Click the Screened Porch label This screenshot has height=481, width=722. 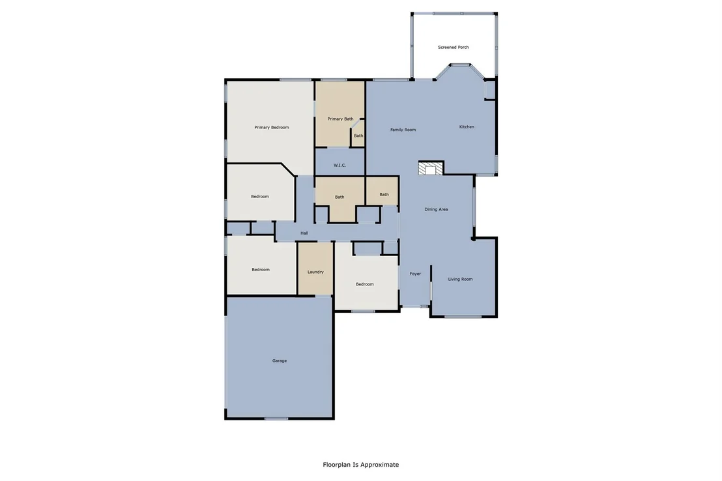point(453,47)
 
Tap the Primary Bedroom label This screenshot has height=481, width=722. point(272,127)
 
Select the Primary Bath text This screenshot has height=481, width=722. point(340,119)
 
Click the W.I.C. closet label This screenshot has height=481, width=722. point(339,165)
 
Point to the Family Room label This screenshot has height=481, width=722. point(403,130)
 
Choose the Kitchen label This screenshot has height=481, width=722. point(467,126)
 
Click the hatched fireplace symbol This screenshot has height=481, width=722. point(431,168)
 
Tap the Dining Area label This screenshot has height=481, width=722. point(436,209)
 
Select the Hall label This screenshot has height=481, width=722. point(304,233)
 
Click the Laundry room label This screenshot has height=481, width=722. point(315,272)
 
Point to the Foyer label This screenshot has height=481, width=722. point(415,274)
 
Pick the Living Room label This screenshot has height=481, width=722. point(461,279)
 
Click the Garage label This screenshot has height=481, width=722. point(280,361)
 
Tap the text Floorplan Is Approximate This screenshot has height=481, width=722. point(361,465)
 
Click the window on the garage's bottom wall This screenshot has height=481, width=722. point(276,418)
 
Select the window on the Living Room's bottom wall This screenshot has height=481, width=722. point(456,316)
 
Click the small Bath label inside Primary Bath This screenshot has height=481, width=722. point(358,136)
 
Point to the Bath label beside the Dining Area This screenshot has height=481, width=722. point(384,194)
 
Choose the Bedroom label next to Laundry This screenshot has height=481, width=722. point(261,270)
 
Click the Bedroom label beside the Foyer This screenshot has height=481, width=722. point(365,284)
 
